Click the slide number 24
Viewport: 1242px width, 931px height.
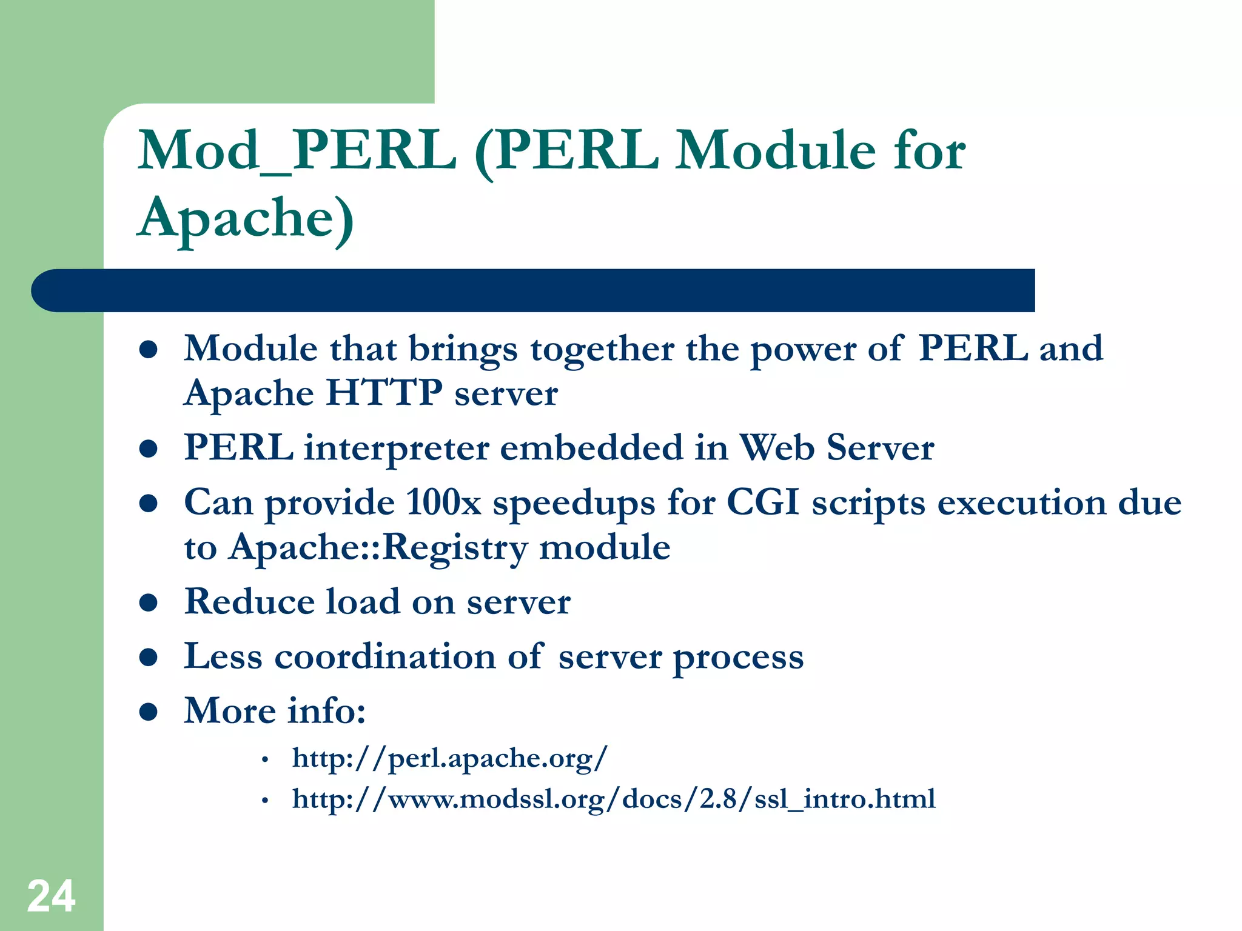(x=51, y=896)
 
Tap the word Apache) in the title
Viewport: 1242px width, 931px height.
(x=246, y=218)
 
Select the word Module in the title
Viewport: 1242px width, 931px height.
(x=776, y=151)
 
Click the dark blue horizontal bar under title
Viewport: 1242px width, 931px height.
(x=534, y=290)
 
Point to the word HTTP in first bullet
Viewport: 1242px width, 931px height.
(x=384, y=393)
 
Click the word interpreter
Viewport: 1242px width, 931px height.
(x=397, y=449)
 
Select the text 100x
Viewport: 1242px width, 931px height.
(x=443, y=502)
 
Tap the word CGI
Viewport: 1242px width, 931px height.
(x=762, y=502)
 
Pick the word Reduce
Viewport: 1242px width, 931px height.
(x=249, y=602)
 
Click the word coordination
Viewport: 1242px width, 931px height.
(x=384, y=656)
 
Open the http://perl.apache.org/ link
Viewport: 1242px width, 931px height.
(x=449, y=758)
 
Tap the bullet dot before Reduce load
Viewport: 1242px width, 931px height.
(x=149, y=602)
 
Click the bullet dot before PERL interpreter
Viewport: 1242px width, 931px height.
(x=149, y=449)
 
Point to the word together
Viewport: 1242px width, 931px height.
(x=602, y=350)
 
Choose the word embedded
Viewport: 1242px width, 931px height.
(x=591, y=449)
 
